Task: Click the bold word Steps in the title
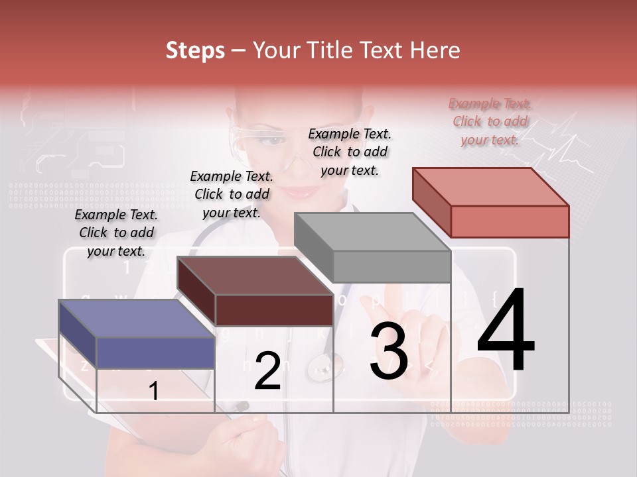pos(195,50)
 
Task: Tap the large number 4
pos(506,331)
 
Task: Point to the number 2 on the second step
pos(267,371)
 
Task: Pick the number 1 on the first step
pos(153,392)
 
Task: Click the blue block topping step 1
pos(137,335)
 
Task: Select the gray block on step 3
pos(372,248)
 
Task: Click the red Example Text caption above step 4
pos(490,121)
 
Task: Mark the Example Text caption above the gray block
pos(350,152)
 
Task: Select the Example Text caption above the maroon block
pos(232,194)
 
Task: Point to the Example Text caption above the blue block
pos(116,233)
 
